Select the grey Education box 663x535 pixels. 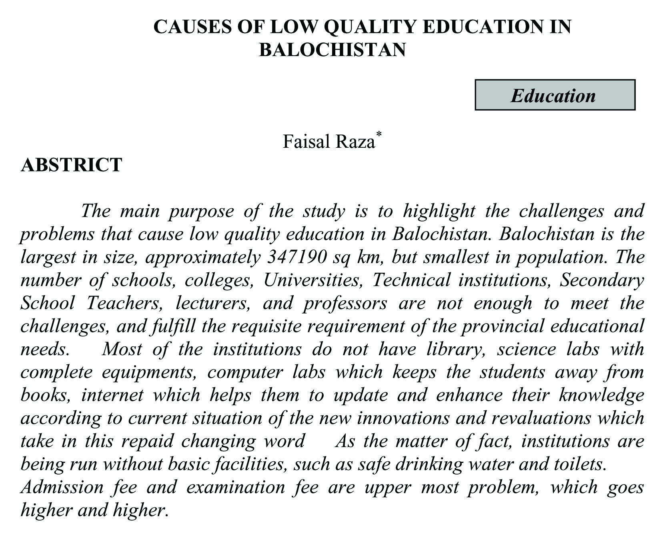(x=555, y=95)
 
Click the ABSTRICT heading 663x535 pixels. (x=71, y=165)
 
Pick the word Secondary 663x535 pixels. (x=601, y=280)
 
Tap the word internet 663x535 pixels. (x=112, y=395)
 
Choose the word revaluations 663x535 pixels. (x=541, y=418)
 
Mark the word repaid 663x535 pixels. (x=147, y=441)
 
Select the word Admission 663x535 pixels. (x=62, y=487)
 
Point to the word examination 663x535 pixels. (x=235, y=487)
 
